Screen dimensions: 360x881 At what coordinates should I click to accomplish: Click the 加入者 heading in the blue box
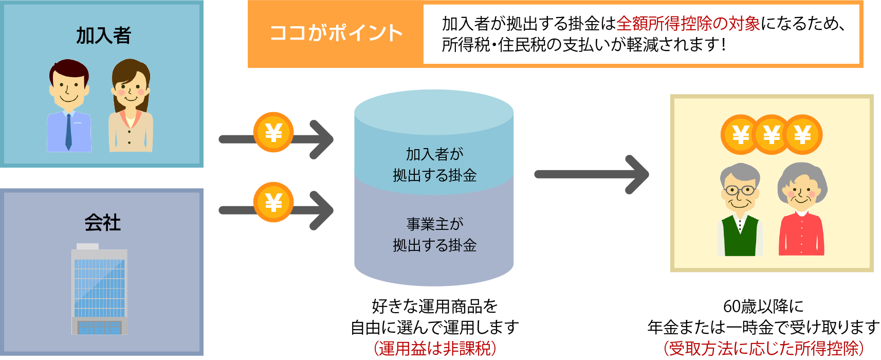click(103, 35)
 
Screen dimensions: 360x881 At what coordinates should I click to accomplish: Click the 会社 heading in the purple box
click(102, 222)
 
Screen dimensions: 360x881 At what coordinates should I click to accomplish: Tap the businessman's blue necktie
click(68, 132)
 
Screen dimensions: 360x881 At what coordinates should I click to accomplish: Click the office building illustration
click(99, 290)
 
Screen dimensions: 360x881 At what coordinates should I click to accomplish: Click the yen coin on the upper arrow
click(273, 133)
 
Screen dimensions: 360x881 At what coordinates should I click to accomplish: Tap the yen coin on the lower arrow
click(273, 202)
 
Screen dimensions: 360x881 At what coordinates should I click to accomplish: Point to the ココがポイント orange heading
click(336, 33)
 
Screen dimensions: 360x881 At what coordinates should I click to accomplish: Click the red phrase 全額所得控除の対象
click(688, 24)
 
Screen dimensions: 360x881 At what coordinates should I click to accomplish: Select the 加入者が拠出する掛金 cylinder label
click(434, 165)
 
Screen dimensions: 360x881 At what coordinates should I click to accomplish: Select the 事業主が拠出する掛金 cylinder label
click(434, 235)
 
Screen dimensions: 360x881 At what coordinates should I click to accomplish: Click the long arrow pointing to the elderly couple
click(591, 174)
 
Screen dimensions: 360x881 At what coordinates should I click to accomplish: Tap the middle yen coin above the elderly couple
click(772, 135)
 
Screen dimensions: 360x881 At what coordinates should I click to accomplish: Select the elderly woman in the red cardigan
click(801, 211)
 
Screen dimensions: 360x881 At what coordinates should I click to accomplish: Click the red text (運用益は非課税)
click(434, 348)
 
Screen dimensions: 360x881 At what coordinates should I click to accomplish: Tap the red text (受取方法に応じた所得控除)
click(763, 348)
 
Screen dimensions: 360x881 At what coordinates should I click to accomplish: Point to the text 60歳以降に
click(763, 307)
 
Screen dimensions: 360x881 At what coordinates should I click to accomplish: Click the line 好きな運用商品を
click(434, 307)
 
